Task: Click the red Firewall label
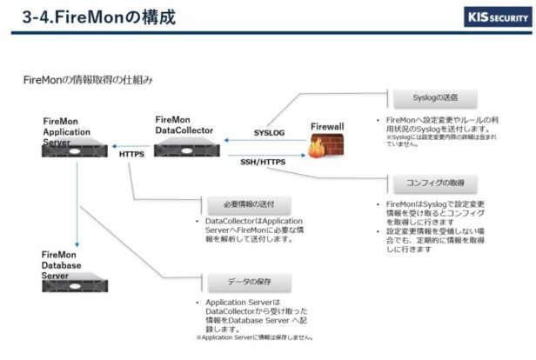[327, 127]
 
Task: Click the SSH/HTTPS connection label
[263, 161]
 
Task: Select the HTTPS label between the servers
[131, 154]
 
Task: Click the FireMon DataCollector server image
[186, 147]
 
